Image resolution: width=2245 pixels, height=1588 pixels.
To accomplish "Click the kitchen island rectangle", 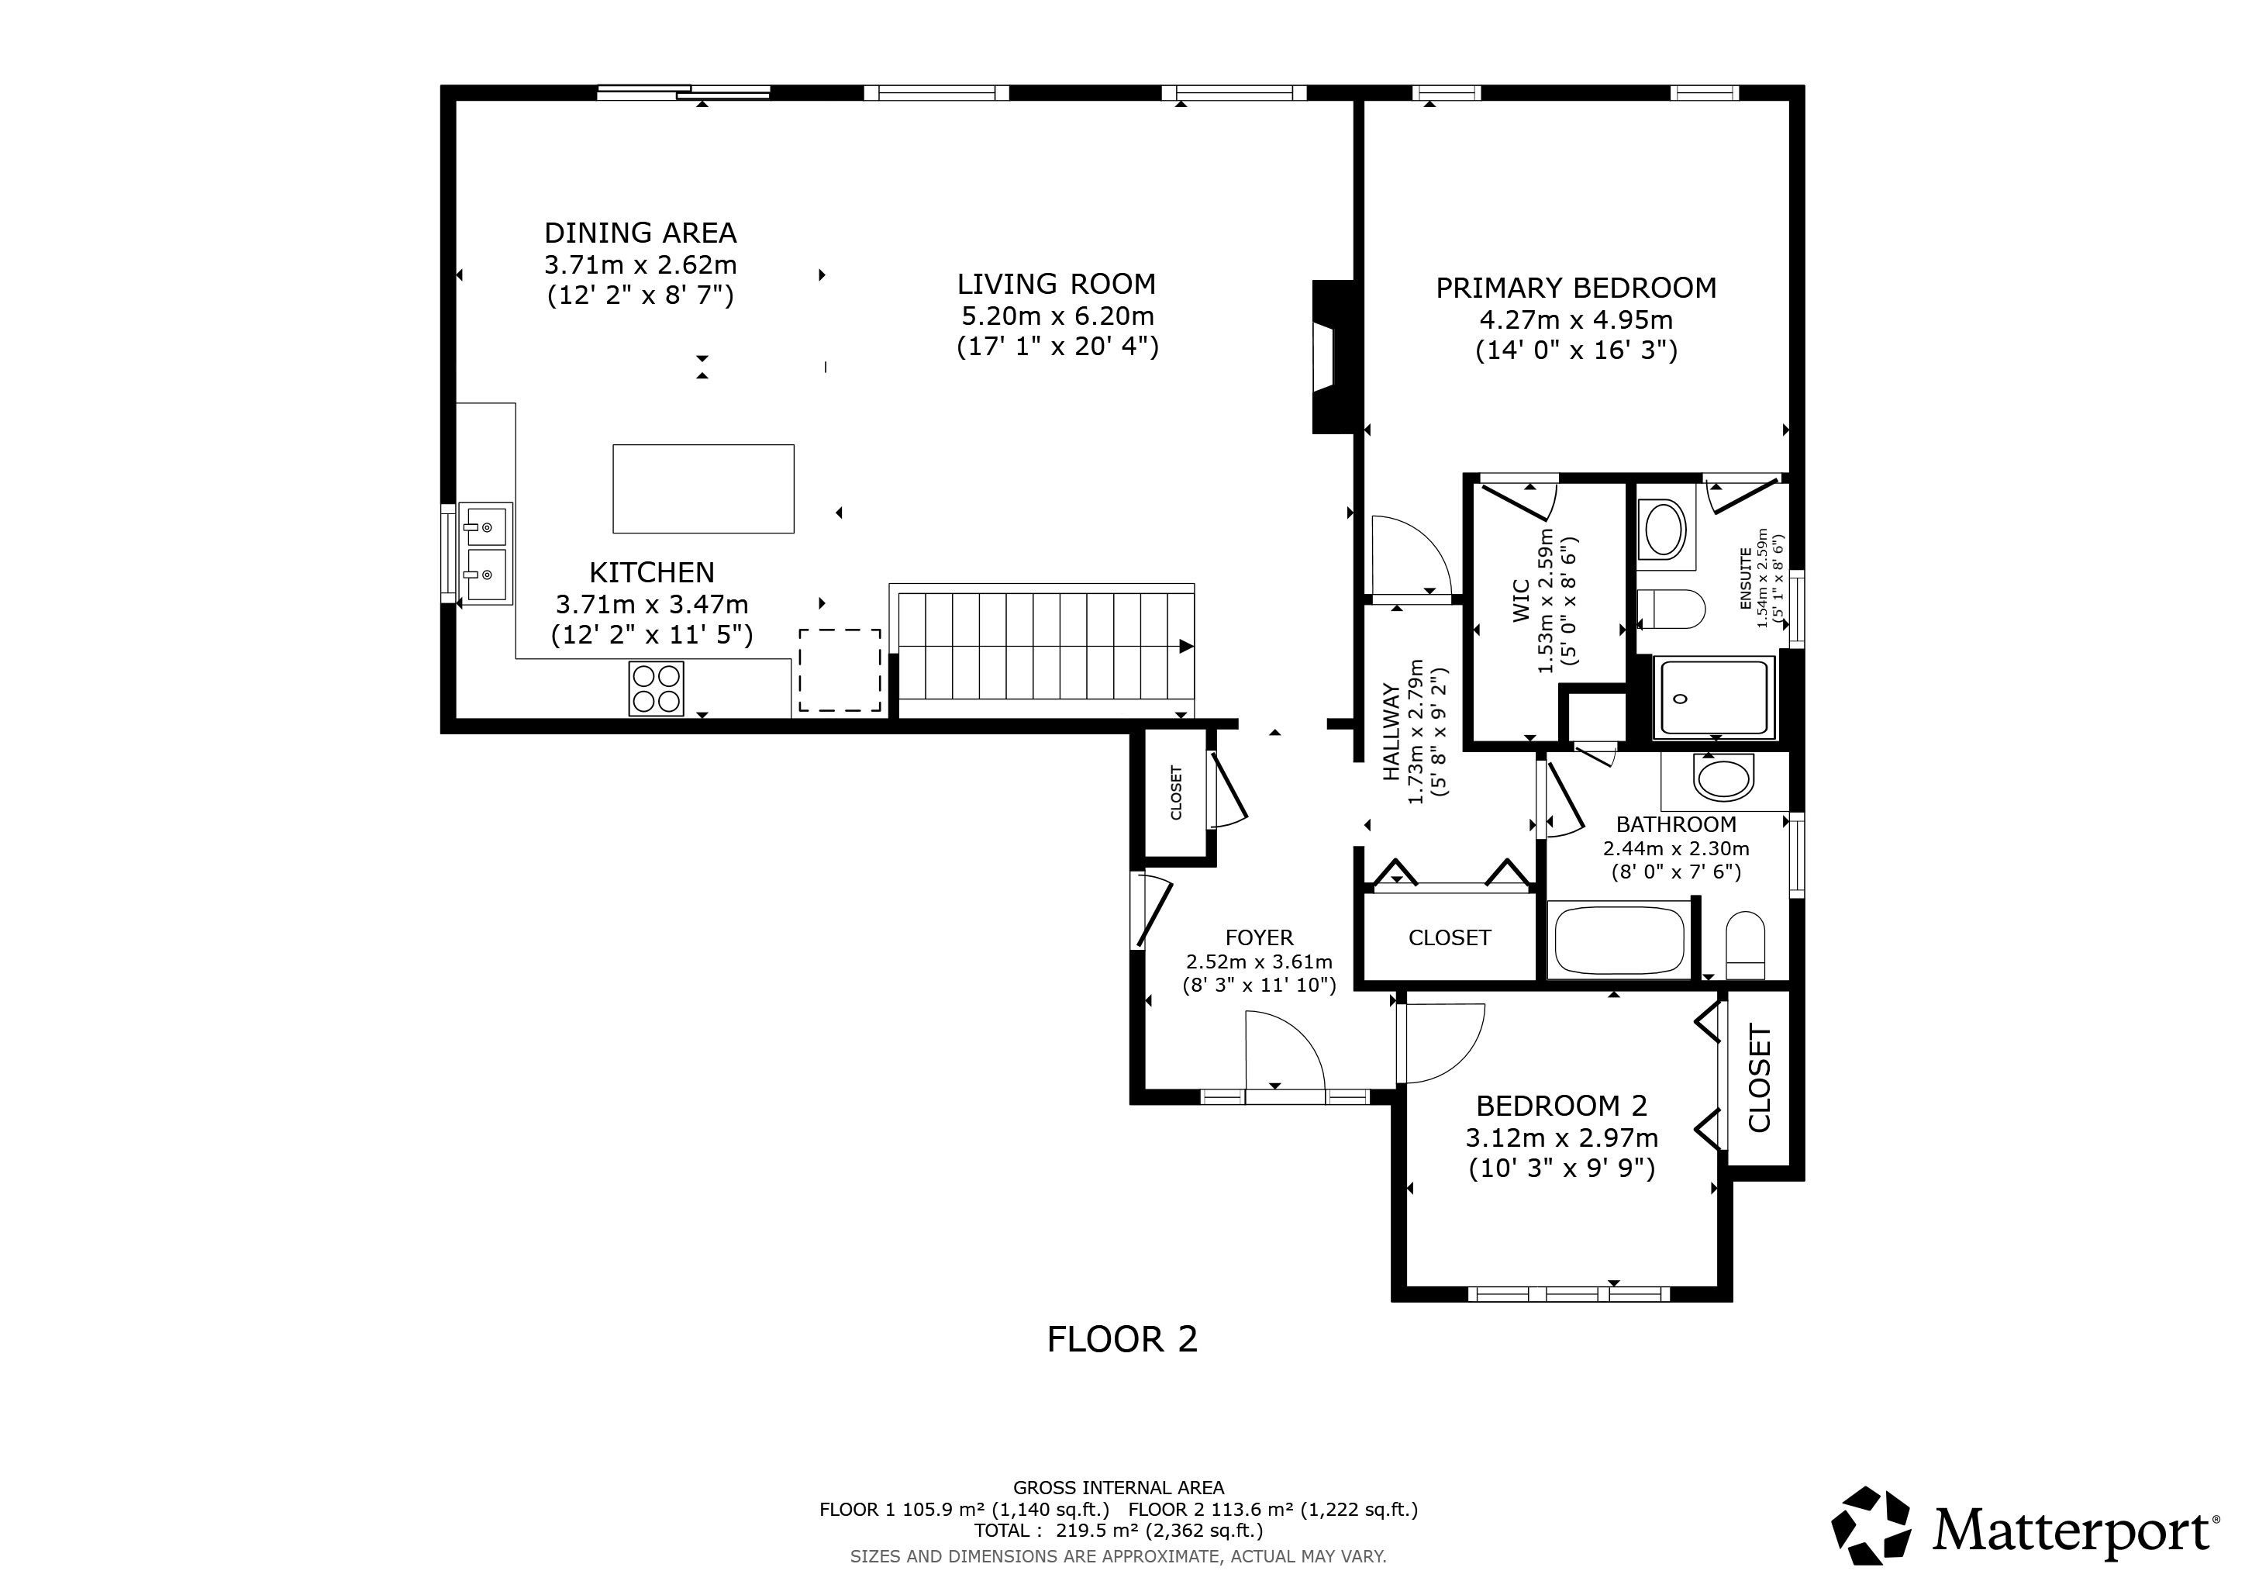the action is [703, 489].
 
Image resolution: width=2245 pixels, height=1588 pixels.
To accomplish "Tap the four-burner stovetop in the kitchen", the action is [656, 689].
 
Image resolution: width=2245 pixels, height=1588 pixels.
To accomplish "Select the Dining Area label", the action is [640, 233].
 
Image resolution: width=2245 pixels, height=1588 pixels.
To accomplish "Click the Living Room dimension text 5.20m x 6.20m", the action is [1057, 316].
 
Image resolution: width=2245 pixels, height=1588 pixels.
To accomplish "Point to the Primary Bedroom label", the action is [1576, 288].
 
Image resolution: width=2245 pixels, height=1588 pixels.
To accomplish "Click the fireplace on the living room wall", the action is [1332, 357].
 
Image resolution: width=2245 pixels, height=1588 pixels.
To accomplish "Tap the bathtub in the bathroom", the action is [1620, 941].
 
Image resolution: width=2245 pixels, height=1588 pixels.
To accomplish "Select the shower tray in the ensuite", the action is [1714, 697].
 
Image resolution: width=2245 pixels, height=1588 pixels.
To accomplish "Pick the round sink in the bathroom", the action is [1726, 778].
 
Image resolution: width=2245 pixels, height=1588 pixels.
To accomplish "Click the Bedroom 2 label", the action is [1561, 1106].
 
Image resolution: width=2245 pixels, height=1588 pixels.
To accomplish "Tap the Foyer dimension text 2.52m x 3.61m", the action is [1260, 961].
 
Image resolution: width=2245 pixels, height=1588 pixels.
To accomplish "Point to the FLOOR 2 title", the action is [1122, 1338].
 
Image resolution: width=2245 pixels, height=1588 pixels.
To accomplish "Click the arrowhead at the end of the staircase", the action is [1186, 647].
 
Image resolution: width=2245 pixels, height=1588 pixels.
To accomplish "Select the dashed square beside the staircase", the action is [840, 670].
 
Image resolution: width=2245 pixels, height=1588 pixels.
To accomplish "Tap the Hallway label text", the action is [1391, 733].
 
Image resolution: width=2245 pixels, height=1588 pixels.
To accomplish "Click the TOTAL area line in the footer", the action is [1119, 1531].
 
